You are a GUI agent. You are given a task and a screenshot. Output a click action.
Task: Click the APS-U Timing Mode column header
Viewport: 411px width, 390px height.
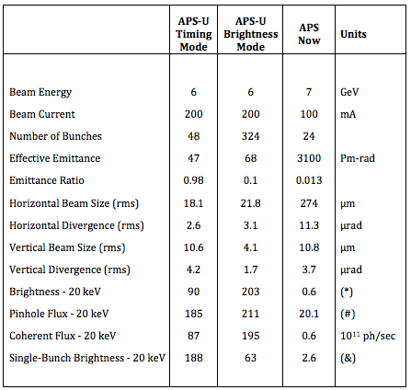194,34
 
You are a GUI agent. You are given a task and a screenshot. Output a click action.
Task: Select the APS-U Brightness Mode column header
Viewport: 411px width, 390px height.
251,34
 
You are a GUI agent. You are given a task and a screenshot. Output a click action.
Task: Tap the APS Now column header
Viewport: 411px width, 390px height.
309,34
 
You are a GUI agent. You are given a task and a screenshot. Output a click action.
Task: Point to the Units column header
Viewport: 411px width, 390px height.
353,34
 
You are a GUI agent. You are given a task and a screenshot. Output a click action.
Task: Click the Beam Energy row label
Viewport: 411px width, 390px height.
40,92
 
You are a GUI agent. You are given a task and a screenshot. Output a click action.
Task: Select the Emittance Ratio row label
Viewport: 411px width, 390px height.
47,180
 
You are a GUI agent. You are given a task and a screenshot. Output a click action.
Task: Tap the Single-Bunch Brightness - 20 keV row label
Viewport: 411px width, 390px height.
87,358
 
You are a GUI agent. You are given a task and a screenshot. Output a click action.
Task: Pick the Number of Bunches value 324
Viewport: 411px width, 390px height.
251,136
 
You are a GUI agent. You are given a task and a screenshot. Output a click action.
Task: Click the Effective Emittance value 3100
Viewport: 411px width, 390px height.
309,158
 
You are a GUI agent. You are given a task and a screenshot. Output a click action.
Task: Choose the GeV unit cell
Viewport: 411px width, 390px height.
349,92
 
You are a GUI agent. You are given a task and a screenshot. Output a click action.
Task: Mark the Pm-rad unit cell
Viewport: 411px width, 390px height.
358,158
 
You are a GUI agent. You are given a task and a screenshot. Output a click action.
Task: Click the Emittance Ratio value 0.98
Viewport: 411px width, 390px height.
193,180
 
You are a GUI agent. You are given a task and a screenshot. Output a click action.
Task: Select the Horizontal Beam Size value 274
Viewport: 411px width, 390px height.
309,203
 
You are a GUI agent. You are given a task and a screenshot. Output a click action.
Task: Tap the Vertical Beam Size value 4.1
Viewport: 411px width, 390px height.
251,247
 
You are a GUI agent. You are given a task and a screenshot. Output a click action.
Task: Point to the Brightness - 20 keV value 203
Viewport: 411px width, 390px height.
251,292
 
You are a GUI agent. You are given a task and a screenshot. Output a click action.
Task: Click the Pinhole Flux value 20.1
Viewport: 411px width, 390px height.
309,314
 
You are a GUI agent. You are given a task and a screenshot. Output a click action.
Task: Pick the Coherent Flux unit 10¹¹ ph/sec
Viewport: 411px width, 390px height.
368,336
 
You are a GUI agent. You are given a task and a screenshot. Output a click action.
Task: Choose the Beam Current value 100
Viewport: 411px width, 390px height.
309,114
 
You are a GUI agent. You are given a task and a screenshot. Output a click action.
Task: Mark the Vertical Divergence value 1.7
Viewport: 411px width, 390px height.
251,270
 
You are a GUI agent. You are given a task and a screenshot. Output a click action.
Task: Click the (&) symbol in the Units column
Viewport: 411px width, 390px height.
348,358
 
